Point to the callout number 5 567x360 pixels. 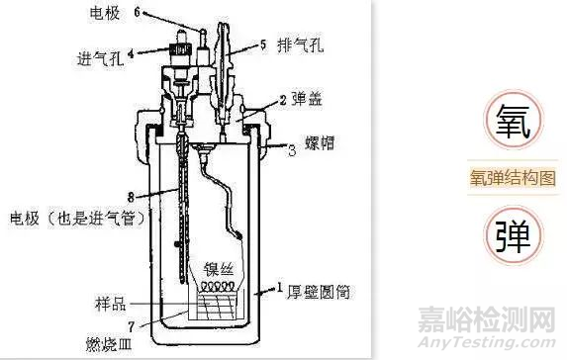coord(264,44)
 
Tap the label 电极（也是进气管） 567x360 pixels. coord(68,216)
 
